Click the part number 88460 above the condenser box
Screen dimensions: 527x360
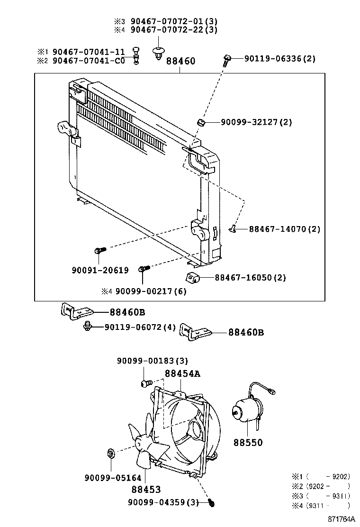tap(180, 62)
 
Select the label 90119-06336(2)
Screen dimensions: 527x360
tap(280, 59)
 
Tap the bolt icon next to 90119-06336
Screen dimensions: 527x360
tap(227, 60)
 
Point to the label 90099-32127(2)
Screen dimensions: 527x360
tap(256, 122)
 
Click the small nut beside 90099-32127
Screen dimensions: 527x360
tap(201, 123)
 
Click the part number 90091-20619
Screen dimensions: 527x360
tap(100, 270)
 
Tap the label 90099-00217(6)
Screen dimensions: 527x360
tap(151, 291)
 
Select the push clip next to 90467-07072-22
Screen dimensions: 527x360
tap(158, 53)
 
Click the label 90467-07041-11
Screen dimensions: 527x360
tap(89, 52)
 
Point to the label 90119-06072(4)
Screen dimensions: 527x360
tap(140, 327)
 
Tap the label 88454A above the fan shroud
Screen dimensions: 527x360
tap(182, 373)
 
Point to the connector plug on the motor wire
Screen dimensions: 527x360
tap(272, 392)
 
